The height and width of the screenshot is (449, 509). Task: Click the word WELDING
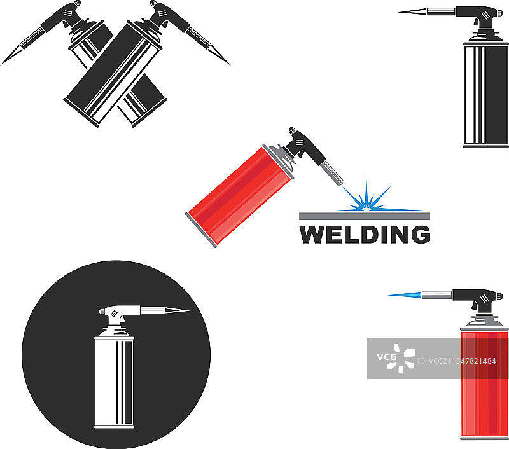pos(365,234)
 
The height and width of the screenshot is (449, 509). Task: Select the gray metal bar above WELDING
pos(364,216)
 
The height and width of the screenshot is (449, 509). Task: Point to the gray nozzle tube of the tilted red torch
pos(331,174)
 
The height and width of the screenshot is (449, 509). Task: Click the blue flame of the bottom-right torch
pos(405,295)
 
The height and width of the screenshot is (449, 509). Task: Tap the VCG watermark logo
pos(396,358)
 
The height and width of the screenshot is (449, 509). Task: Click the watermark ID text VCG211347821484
pos(457,361)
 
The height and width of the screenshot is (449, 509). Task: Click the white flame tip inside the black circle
pos(178,310)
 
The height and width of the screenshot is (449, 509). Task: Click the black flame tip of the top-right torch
pos(412,11)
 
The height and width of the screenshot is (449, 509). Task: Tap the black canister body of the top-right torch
pos(485,95)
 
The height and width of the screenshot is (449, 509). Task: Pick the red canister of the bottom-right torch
pos(484,383)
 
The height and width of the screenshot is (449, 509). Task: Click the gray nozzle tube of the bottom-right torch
pos(436,295)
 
